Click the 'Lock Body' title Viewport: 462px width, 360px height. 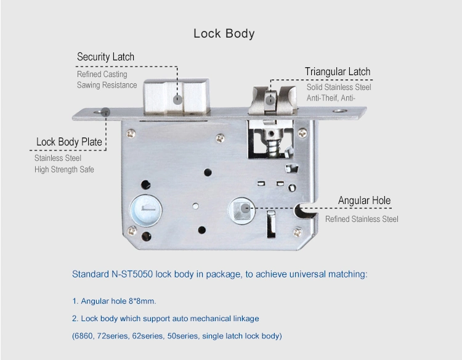(224, 34)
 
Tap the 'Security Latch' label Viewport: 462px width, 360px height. (105, 57)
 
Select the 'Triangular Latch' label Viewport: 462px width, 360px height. (338, 72)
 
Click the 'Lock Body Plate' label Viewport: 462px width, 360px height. (69, 142)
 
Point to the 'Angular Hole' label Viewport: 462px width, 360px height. (364, 200)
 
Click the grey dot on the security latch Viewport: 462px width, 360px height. (177, 100)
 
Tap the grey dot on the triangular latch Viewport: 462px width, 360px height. (270, 100)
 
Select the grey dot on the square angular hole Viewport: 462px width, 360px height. (245, 208)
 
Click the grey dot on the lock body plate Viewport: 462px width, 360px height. (105, 112)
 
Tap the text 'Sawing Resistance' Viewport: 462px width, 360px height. (107, 85)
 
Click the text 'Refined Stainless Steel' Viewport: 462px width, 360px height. (362, 219)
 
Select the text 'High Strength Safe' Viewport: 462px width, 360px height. (64, 170)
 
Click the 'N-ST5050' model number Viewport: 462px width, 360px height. (132, 274)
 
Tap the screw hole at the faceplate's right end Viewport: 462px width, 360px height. (339, 111)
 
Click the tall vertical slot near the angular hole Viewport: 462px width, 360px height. (271, 224)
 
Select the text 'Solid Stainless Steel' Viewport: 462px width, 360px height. (339, 88)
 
